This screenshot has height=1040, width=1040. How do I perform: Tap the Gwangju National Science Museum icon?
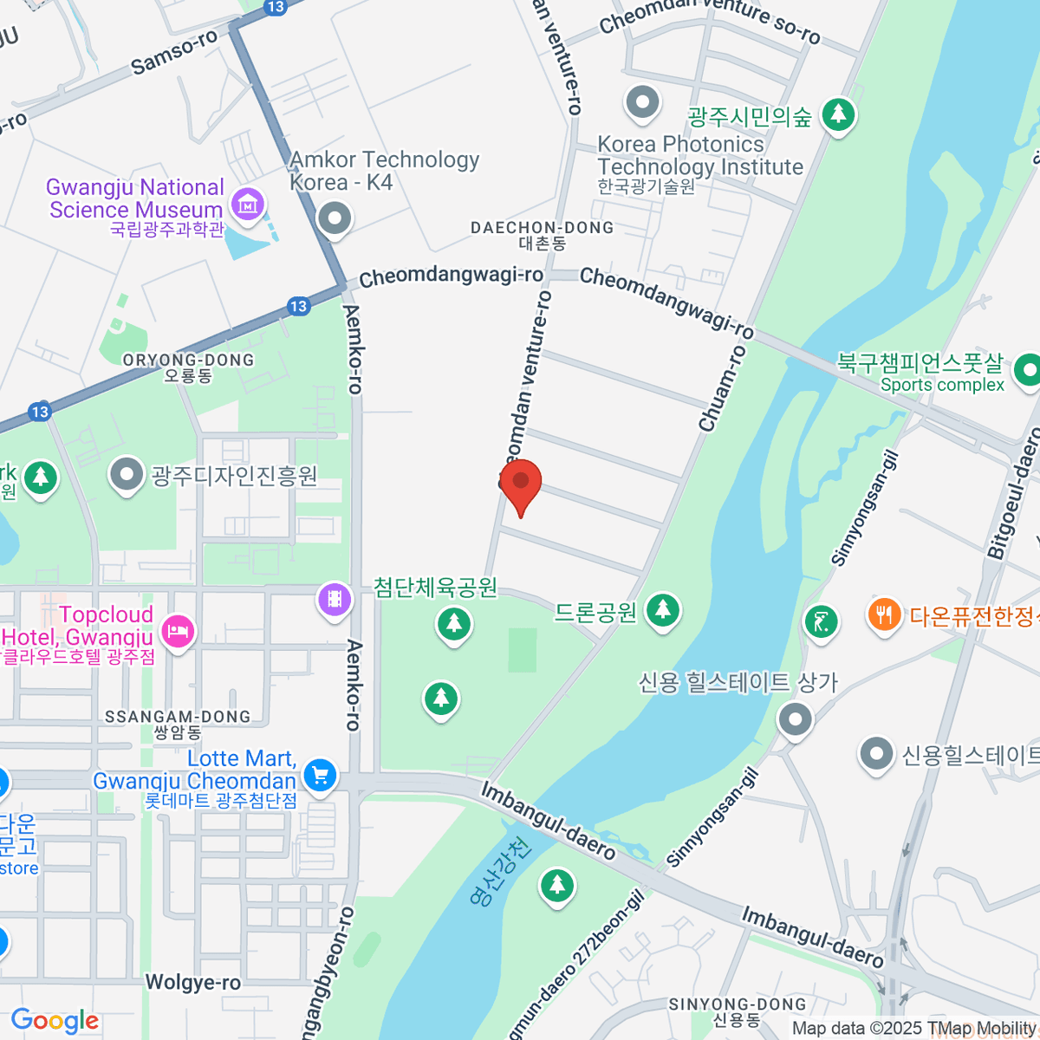[248, 205]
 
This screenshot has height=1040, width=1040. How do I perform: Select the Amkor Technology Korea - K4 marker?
[334, 218]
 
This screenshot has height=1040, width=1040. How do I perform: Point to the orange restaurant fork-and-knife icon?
[883, 615]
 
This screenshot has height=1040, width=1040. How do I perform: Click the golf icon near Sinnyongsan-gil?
[820, 621]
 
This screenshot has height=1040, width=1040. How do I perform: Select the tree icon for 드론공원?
[663, 609]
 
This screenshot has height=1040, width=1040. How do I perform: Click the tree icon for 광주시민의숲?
[838, 114]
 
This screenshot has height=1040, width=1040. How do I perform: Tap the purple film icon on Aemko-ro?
[335, 598]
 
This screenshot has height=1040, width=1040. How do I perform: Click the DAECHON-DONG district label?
[542, 228]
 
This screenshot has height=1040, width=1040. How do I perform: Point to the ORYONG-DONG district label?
[188, 361]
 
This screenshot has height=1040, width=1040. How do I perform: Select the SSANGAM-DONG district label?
[178, 717]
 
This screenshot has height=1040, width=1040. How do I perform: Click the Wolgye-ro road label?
[192, 982]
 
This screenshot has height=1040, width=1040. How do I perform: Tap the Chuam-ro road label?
[721, 389]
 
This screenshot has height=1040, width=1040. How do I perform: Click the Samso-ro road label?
[174, 54]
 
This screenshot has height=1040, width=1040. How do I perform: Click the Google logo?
[55, 1021]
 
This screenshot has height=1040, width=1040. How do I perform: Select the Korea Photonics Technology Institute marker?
[642, 102]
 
